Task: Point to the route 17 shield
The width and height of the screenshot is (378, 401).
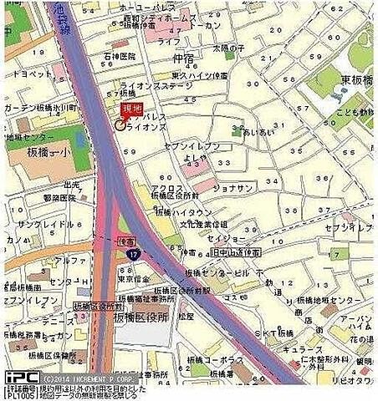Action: (x=132, y=252)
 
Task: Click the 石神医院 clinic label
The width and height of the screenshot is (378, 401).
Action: (x=120, y=56)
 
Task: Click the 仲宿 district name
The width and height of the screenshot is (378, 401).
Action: (x=183, y=59)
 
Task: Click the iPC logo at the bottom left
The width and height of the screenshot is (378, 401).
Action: (x=18, y=378)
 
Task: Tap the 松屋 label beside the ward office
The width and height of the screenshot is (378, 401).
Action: (x=186, y=317)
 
